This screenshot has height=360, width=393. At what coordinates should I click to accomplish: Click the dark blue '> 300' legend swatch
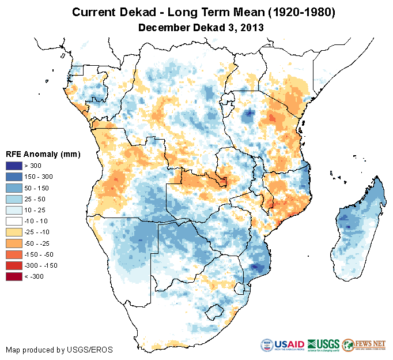coord(14,166)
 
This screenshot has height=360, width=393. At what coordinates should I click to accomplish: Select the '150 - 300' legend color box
coord(14,177)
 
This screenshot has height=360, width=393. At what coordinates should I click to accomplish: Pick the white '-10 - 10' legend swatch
coord(14,221)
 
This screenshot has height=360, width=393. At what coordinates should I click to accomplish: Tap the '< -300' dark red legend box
coord(14,276)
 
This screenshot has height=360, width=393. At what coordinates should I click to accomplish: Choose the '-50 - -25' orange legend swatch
coord(14,243)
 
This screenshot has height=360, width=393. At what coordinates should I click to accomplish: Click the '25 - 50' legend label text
coord(37,199)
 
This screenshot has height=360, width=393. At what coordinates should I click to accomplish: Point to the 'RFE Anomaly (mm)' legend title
coord(43,154)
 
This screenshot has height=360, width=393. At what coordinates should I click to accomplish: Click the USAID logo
coord(282,345)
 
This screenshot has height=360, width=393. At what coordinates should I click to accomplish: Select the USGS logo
coord(323,345)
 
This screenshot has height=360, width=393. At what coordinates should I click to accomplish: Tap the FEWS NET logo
coord(364,345)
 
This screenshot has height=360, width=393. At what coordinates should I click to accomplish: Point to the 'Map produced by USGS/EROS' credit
coord(59,350)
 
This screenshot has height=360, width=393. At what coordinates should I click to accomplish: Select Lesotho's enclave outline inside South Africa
coord(216,312)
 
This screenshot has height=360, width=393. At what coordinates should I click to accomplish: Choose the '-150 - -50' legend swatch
coord(14,254)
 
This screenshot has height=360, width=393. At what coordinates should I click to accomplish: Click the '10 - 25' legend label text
coord(37,210)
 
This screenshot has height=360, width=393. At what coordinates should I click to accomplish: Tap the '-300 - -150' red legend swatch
coord(14,265)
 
